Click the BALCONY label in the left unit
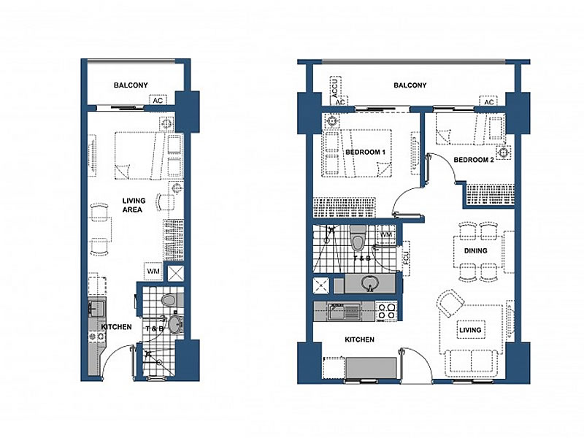point(131,85)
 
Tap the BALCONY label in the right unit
point(410,85)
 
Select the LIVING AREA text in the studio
point(134,205)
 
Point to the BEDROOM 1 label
point(365,152)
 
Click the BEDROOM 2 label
point(474,160)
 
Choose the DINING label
point(476,250)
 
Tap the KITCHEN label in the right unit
point(359,339)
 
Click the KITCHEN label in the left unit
point(117,326)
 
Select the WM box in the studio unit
point(153,272)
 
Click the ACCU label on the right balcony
point(334,88)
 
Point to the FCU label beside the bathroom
point(406,258)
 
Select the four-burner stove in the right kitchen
point(387,312)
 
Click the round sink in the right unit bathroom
point(369,283)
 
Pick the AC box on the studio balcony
point(158,101)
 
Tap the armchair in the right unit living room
point(451,304)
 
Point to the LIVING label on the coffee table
point(470,330)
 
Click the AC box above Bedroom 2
point(488,102)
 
